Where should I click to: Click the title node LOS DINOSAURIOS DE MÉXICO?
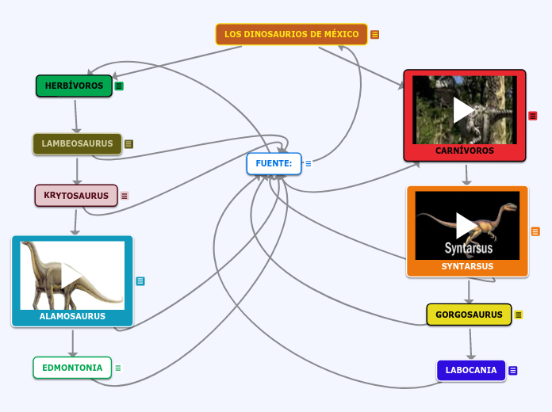[x=291, y=34]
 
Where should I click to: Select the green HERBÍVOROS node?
[x=74, y=86]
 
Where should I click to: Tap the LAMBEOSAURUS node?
[x=77, y=144]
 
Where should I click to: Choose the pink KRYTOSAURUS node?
[x=76, y=196]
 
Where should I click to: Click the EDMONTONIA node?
[x=72, y=368]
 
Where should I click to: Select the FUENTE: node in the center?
[x=274, y=164]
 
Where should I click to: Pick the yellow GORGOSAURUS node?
[x=469, y=315]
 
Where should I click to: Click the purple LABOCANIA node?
[x=471, y=370]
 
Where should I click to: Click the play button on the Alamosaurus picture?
[x=72, y=275]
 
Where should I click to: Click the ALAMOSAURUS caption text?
[x=72, y=316]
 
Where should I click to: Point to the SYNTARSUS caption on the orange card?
[x=467, y=267]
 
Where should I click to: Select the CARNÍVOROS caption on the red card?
[x=465, y=151]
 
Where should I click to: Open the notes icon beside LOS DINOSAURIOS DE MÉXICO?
[x=375, y=35]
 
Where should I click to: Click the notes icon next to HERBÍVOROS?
[x=119, y=86]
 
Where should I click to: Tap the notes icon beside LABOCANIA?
[x=513, y=371]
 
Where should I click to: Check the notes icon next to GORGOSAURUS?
[x=519, y=315]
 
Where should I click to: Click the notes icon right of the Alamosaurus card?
[x=140, y=280]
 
